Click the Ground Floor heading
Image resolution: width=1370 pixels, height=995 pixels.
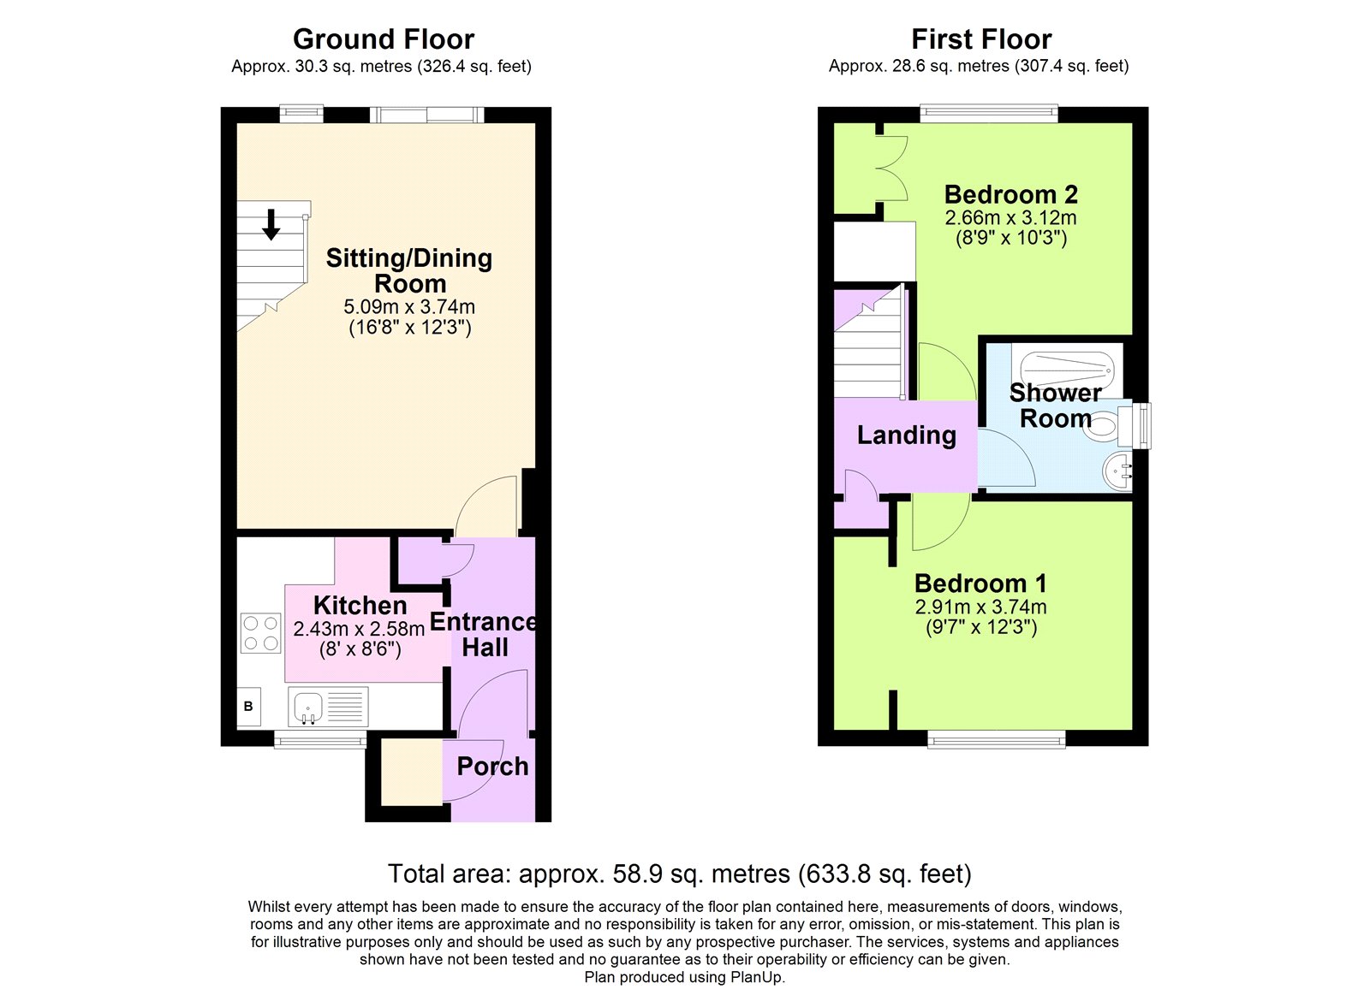[383, 39]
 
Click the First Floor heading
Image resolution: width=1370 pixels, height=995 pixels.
[980, 39]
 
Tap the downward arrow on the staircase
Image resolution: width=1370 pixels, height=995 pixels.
[271, 224]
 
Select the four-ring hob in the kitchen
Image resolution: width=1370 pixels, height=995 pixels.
[260, 634]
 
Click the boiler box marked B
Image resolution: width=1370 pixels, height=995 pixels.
[248, 707]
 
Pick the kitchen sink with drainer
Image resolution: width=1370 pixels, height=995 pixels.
[328, 707]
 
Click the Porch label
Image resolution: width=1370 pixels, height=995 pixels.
[492, 767]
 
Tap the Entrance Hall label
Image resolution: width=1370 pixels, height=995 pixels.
[484, 635]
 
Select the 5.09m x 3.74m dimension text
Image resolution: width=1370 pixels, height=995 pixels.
[409, 306]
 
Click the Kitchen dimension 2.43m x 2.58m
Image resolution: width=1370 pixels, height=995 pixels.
[359, 629]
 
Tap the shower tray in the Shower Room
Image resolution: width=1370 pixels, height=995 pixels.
[1067, 369]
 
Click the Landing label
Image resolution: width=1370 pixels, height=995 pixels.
[906, 435]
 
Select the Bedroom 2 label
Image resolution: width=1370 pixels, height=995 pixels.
[1010, 195]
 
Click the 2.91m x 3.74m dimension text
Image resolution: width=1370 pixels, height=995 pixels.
[980, 607]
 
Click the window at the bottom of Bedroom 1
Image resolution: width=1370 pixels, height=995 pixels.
[997, 738]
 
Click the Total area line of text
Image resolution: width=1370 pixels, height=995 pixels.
[679, 874]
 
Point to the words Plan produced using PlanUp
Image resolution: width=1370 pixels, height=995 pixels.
[684, 977]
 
